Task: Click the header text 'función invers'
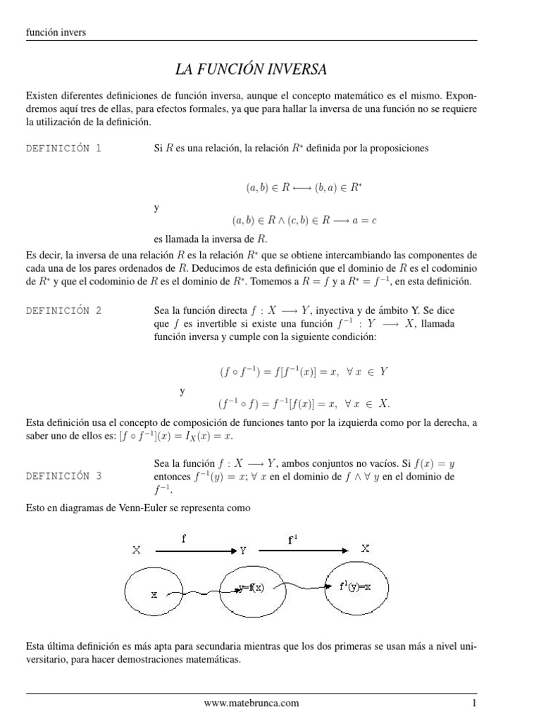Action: tap(56, 32)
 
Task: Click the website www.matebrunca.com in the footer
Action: tap(251, 703)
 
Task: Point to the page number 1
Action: tap(475, 703)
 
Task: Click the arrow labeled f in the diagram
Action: tap(189, 552)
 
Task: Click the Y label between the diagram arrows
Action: tap(243, 552)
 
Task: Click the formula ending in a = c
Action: tap(304, 220)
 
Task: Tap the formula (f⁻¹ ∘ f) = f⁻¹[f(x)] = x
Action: tap(304, 403)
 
